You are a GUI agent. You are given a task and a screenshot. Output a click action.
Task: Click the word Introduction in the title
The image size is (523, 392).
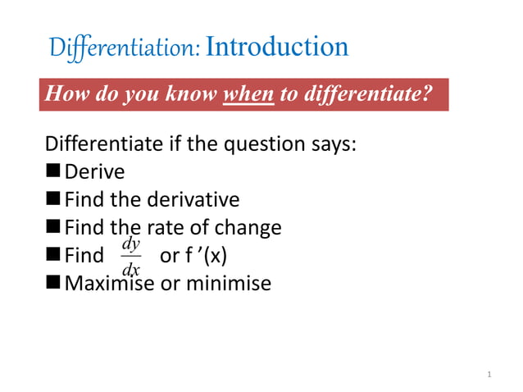coord(277,47)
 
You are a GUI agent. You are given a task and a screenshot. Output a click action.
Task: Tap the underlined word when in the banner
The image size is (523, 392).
coord(249,94)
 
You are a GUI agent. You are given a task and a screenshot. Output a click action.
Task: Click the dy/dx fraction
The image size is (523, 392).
coord(130,257)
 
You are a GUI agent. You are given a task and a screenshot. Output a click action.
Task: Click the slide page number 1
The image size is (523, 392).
coord(488,375)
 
